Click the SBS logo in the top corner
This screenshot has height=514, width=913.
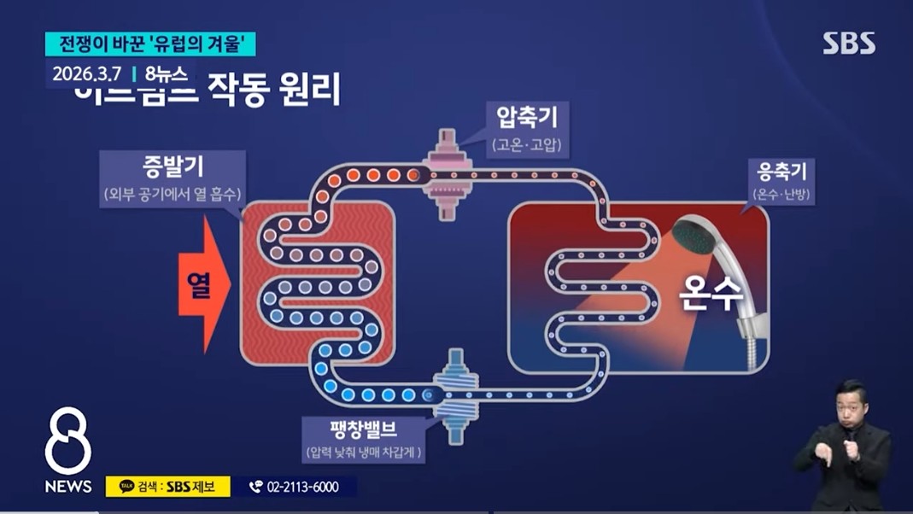[849, 44]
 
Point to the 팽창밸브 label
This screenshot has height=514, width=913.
[364, 427]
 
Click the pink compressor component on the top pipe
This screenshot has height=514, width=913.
[447, 175]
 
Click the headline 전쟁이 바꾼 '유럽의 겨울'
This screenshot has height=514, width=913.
[150, 44]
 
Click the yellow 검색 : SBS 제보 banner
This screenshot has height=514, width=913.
[167, 487]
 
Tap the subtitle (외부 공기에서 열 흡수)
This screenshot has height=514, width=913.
[173, 195]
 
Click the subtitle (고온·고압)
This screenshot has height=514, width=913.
[527, 145]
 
